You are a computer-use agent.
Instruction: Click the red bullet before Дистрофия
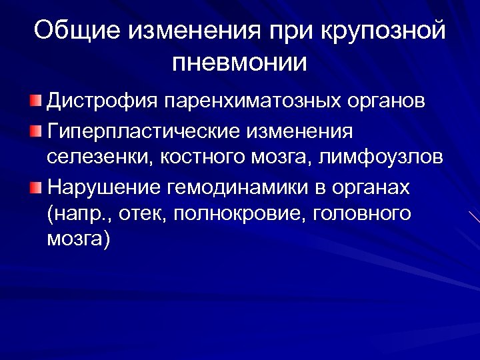35,102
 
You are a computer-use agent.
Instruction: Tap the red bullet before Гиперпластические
35,130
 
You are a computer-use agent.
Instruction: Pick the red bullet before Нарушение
35,187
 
